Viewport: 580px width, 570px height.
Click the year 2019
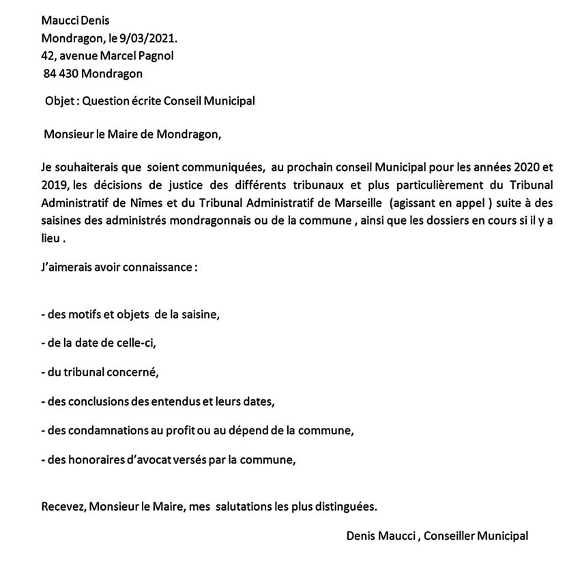pos(53,186)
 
